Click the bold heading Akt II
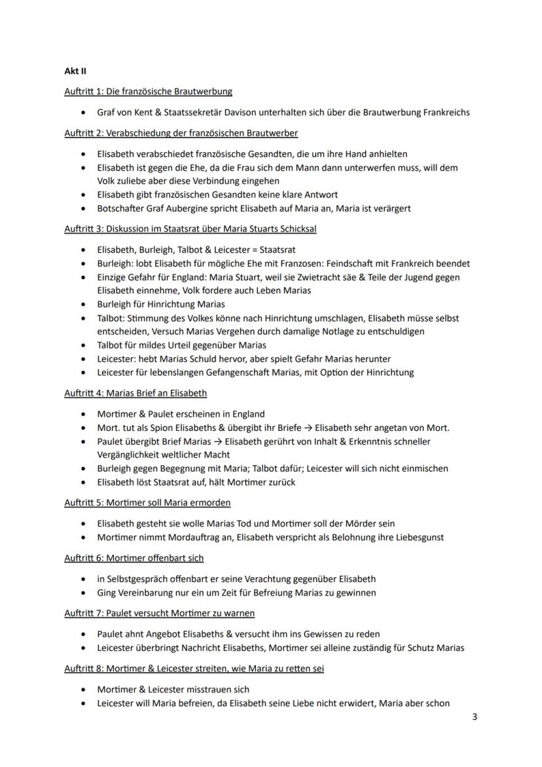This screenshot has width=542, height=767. [75, 71]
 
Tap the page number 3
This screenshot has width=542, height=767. [475, 717]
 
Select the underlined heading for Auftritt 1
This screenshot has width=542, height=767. [148, 91]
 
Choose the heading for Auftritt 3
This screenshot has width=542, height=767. [190, 229]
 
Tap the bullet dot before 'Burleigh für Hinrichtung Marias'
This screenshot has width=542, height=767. [82, 305]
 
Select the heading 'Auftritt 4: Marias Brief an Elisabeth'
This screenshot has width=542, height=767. [135, 393]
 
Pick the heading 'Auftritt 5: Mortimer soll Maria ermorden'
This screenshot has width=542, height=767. [147, 502]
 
